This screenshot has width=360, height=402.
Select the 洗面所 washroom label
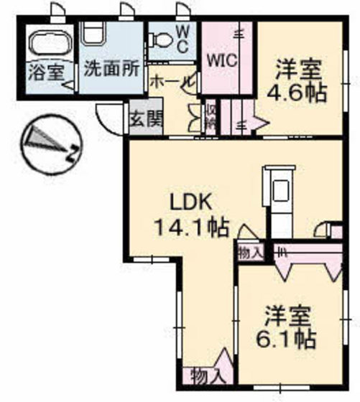pos(111,70)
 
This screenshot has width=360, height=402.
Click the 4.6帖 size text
pos(297,93)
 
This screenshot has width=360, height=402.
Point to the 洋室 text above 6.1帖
pos(290,314)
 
